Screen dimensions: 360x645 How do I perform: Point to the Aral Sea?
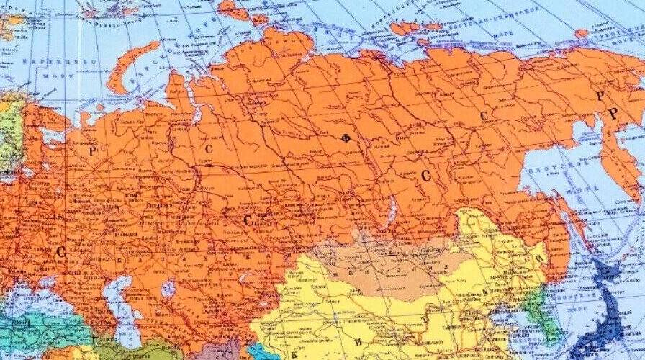(168, 289)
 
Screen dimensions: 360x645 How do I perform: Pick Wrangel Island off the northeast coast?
(582, 33)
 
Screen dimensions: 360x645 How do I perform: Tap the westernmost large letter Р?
(91, 151)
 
